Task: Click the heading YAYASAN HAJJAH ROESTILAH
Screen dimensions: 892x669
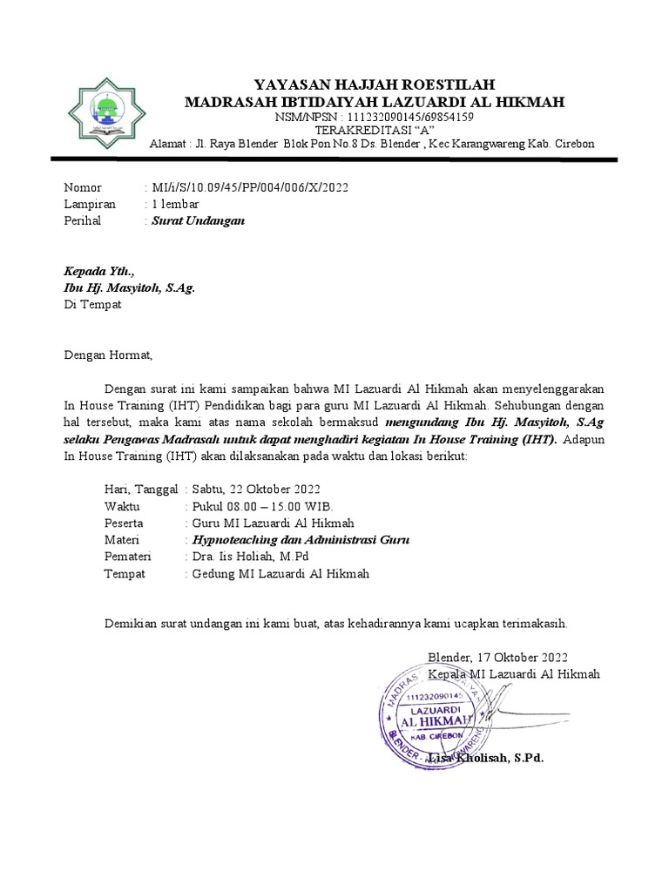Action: coord(374,84)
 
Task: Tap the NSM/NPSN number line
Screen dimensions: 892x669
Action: coord(374,117)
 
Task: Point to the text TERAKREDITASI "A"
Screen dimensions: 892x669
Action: coord(374,130)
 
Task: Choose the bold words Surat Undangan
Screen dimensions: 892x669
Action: coord(198,220)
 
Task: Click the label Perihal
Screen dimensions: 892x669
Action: coord(83,220)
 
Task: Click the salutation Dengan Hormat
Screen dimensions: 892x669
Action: coord(108,355)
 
